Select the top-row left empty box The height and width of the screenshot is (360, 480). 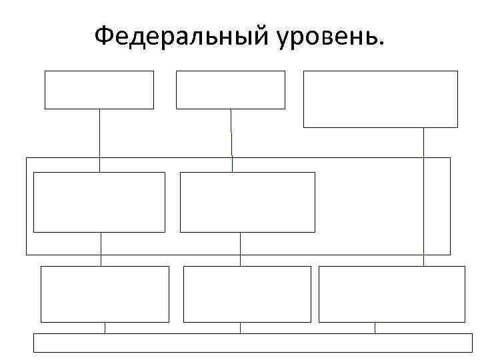(99, 89)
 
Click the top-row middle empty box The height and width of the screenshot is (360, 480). (230, 89)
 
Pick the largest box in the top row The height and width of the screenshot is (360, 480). (380, 99)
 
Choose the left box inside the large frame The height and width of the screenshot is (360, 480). (99, 202)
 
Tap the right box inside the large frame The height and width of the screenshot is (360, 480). (247, 202)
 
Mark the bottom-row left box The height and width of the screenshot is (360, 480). (105, 294)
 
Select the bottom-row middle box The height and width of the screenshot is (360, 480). (247, 294)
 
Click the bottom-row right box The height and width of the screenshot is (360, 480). (391, 294)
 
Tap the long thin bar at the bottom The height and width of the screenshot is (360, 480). (253, 342)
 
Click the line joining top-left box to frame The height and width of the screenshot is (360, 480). (99, 133)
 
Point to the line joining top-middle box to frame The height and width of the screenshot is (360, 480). (231, 133)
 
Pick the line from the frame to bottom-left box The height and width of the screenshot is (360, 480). (101, 248)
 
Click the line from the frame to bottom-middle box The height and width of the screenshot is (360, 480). (240, 248)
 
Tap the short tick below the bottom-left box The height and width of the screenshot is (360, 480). (105, 327)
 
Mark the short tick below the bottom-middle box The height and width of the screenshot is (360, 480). (240, 327)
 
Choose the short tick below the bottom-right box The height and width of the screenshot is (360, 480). (375, 327)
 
